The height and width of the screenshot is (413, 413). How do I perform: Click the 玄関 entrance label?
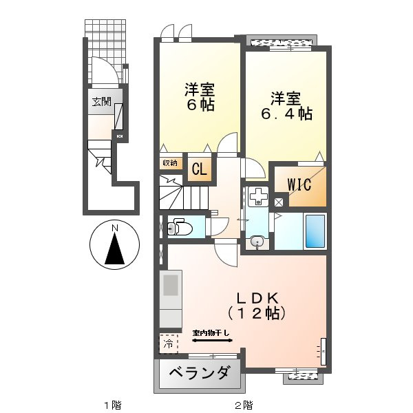tap(101, 101)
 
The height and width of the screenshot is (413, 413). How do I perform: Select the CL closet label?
tap(198, 170)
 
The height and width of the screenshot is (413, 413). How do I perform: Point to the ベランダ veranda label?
tap(199, 374)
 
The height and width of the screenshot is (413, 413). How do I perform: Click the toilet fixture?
tap(180, 226)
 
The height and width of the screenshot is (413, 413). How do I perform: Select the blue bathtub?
tap(315, 232)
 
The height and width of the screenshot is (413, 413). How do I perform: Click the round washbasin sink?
tap(257, 241)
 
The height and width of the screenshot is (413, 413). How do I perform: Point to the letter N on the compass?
tap(116, 228)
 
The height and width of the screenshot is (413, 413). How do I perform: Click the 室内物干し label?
tap(211, 333)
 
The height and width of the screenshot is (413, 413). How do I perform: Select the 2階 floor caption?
tap(243, 403)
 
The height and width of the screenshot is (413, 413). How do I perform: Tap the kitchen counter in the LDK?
tap(171, 299)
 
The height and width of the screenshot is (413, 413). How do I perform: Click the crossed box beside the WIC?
tap(278, 203)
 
